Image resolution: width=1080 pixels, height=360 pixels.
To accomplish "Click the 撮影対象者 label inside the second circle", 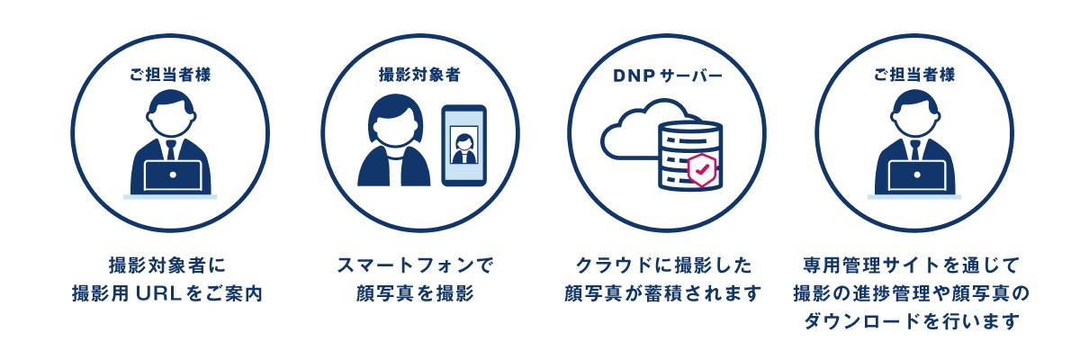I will [x=419, y=76].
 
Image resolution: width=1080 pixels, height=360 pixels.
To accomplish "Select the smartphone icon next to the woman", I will [x=463, y=145].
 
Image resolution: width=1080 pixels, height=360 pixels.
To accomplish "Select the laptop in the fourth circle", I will [x=914, y=175].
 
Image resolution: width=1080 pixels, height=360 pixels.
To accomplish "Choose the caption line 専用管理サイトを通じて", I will [x=910, y=265].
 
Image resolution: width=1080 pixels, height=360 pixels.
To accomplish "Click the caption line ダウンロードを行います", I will [x=910, y=321].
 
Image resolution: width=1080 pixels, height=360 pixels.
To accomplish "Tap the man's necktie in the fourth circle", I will [x=914, y=149].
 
